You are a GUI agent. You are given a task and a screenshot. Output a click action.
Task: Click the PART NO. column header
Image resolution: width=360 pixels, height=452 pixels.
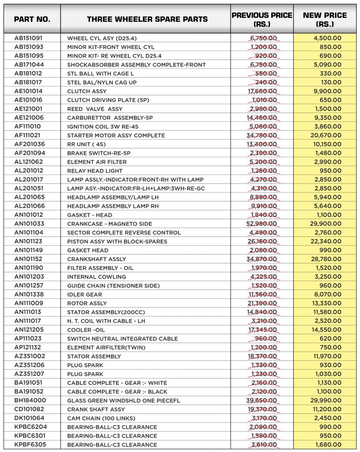pyautogui.click(x=32, y=19)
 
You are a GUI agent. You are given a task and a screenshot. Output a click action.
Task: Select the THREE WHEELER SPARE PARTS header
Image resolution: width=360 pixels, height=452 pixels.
pyautogui.click(x=147, y=19)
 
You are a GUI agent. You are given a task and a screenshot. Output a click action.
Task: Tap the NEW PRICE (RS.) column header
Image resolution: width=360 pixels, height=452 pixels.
pyautogui.click(x=325, y=19)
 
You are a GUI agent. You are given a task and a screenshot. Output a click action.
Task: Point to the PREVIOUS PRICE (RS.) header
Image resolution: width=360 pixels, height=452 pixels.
pyautogui.click(x=262, y=19)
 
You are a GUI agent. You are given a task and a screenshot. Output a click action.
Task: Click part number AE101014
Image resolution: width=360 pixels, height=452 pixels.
pyautogui.click(x=29, y=91)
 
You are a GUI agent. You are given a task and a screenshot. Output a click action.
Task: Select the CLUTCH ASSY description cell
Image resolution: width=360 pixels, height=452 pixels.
pyautogui.click(x=87, y=91)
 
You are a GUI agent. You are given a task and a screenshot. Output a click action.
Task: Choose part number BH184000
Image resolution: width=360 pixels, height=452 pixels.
pyautogui.click(x=30, y=400)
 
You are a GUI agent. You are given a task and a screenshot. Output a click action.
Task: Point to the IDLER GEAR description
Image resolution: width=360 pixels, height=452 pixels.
pyautogui.click(x=85, y=295)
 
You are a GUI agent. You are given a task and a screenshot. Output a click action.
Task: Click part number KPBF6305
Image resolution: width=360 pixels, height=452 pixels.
pyautogui.click(x=31, y=444)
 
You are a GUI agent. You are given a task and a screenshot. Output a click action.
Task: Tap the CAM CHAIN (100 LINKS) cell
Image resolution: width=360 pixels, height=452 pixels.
pyautogui.click(x=101, y=418)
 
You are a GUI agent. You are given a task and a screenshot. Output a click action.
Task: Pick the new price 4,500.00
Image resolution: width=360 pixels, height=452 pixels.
pyautogui.click(x=327, y=38)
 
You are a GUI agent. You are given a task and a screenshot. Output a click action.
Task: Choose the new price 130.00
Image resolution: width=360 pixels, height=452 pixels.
pyautogui.click(x=331, y=82)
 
